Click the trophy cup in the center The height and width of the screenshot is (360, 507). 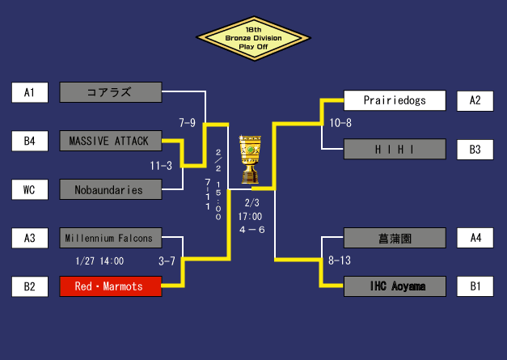click(x=251, y=159)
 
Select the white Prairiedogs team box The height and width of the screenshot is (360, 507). click(x=395, y=100)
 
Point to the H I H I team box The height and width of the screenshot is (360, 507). click(x=395, y=149)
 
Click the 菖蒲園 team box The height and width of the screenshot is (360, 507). click(x=395, y=238)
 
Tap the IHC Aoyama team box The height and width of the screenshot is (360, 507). click(x=395, y=286)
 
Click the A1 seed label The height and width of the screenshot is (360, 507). click(x=30, y=92)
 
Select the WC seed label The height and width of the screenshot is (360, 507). click(x=30, y=190)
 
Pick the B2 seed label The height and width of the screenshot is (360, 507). click(x=30, y=286)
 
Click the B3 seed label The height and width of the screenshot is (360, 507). click(x=475, y=149)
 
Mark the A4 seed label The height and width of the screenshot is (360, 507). click(x=475, y=238)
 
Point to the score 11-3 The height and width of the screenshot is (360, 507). click(x=161, y=166)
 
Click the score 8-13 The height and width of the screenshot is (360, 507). click(x=340, y=260)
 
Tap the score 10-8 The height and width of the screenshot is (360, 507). click(x=340, y=123)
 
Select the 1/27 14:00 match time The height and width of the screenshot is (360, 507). click(x=99, y=261)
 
